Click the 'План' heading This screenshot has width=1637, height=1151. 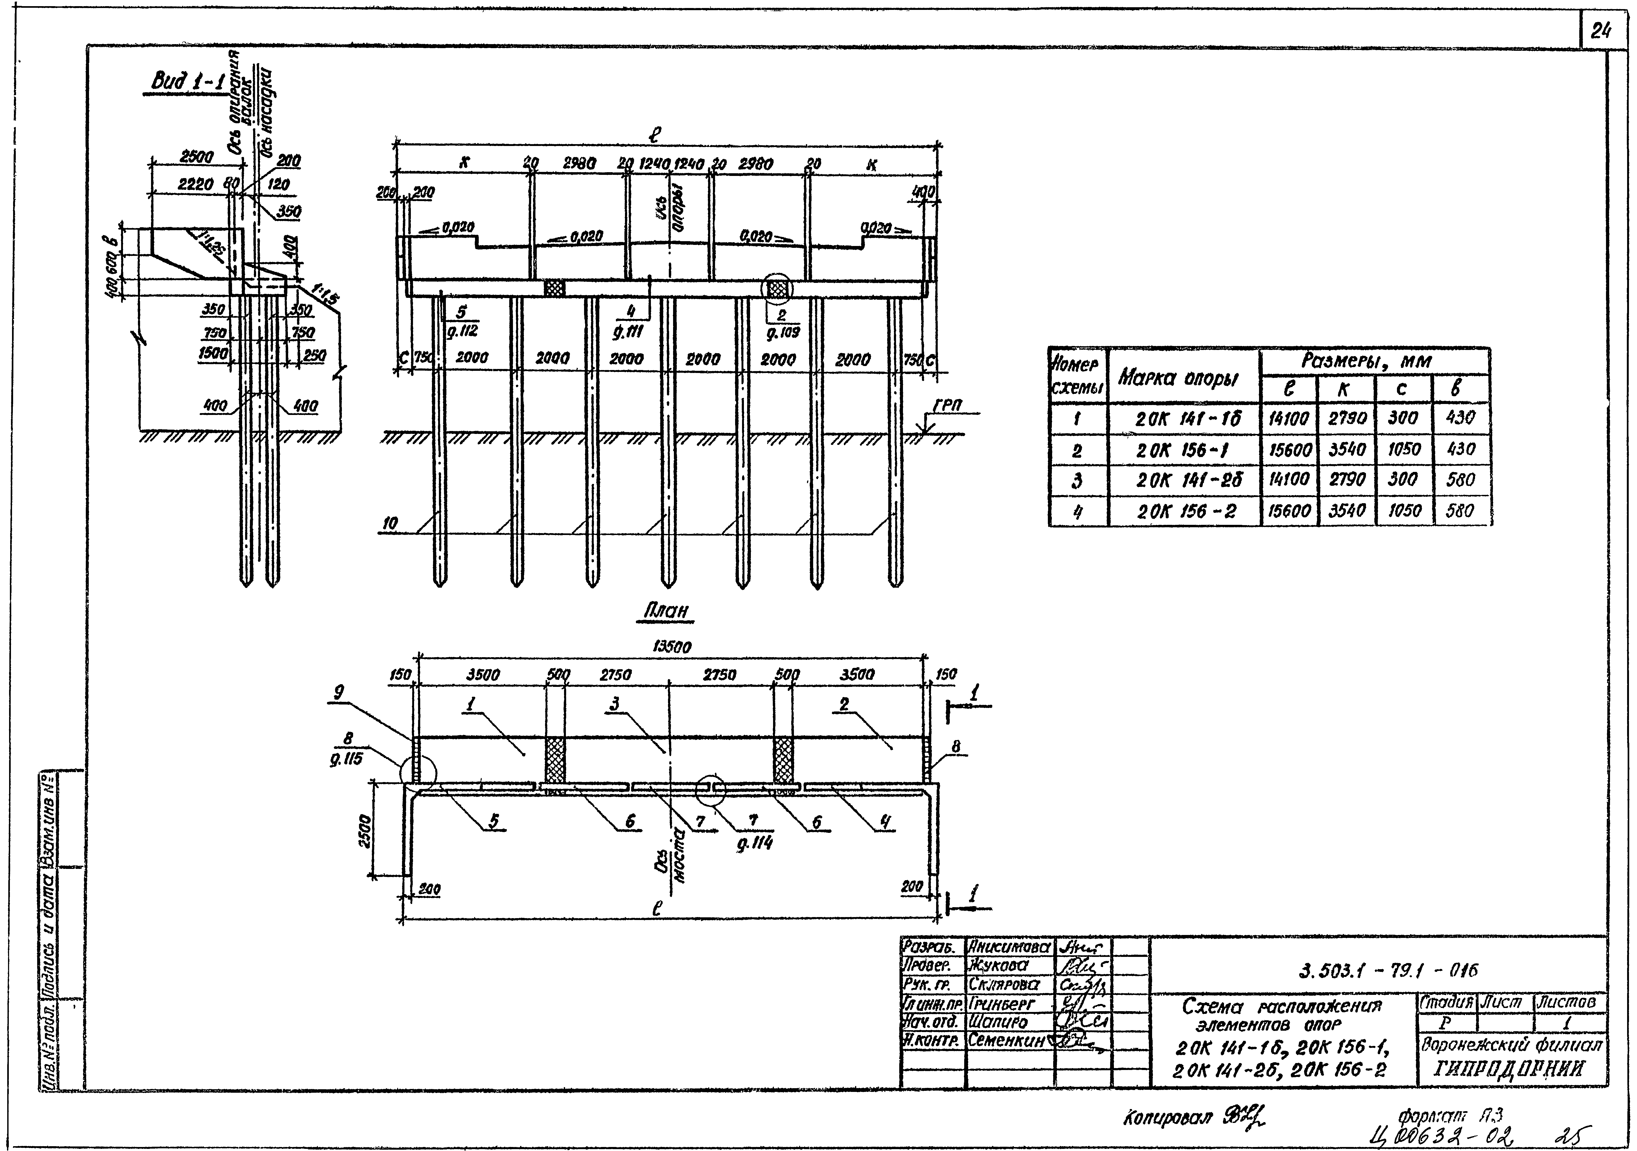coord(666,611)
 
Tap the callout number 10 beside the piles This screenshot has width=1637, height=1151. coord(390,523)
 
